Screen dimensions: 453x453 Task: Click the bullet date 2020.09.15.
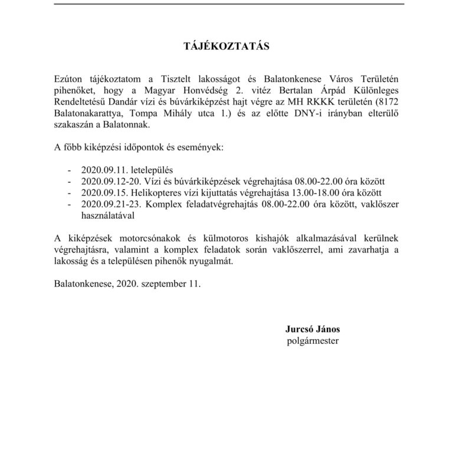click(103, 192)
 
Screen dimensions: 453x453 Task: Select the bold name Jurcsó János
click(311, 329)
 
